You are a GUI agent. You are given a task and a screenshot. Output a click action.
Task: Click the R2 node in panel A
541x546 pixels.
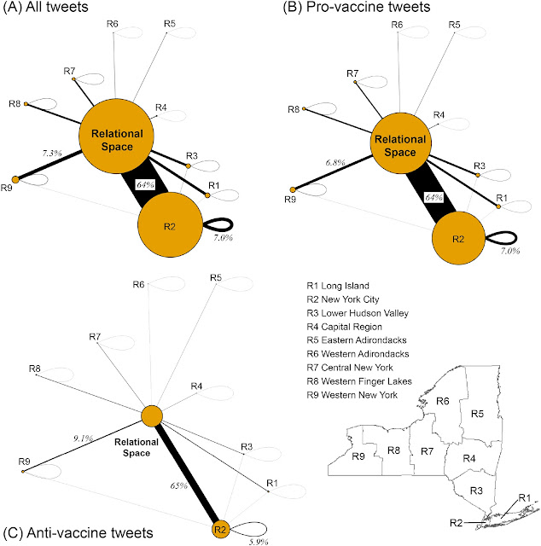[x=169, y=226]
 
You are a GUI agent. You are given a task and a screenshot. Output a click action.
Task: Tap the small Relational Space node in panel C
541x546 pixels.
[x=151, y=416]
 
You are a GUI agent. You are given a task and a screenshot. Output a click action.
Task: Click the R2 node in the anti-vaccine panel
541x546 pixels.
[x=222, y=530]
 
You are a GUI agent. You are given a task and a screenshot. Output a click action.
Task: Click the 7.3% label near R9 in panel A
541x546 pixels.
[x=53, y=153]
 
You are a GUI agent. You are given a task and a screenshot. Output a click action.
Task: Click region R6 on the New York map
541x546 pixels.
[x=442, y=402]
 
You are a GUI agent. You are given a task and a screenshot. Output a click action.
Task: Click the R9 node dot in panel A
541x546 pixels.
[x=14, y=178]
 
